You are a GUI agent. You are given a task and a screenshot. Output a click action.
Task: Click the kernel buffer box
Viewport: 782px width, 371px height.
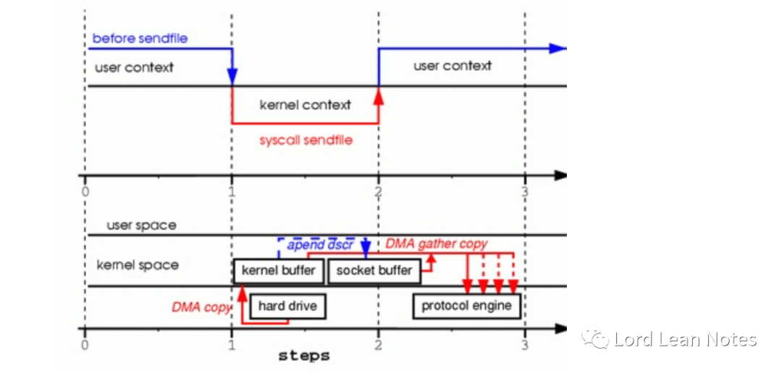[279, 271]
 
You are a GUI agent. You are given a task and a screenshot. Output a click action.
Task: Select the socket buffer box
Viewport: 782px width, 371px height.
[374, 271]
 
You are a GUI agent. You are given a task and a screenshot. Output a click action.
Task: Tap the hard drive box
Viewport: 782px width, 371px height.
[287, 307]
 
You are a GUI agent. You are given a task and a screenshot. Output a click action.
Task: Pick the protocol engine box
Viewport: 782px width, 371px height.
[466, 306]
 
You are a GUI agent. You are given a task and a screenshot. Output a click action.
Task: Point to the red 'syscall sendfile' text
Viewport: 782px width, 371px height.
[306, 140]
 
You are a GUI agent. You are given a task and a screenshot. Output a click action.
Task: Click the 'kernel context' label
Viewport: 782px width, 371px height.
[305, 105]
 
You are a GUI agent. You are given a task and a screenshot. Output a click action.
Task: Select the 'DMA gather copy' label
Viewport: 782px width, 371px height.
[436, 244]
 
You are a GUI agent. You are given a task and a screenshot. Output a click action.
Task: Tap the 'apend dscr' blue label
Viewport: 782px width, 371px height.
[320, 245]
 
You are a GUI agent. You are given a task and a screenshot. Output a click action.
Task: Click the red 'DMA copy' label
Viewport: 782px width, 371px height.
[201, 307]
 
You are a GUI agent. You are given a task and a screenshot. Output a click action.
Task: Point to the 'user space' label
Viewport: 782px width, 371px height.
[141, 225]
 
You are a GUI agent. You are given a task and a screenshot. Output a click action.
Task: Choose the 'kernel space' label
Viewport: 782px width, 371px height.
[138, 265]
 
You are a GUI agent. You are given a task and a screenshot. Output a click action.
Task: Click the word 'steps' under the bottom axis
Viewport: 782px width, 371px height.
[304, 356]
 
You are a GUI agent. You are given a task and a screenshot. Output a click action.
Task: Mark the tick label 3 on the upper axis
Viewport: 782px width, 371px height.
[525, 191]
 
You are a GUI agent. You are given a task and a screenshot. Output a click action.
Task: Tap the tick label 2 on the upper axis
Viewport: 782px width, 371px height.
[378, 191]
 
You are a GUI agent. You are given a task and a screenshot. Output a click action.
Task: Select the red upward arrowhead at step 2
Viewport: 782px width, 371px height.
[378, 96]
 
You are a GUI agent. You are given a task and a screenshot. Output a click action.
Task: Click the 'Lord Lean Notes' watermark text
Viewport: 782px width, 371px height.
[684, 339]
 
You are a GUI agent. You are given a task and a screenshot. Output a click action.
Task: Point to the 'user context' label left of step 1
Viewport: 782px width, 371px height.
[134, 68]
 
